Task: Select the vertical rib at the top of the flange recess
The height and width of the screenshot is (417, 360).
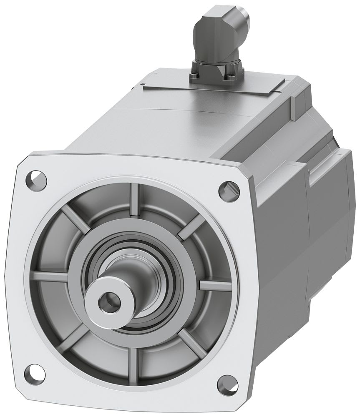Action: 134,200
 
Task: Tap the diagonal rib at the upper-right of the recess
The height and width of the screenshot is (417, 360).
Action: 192,226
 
